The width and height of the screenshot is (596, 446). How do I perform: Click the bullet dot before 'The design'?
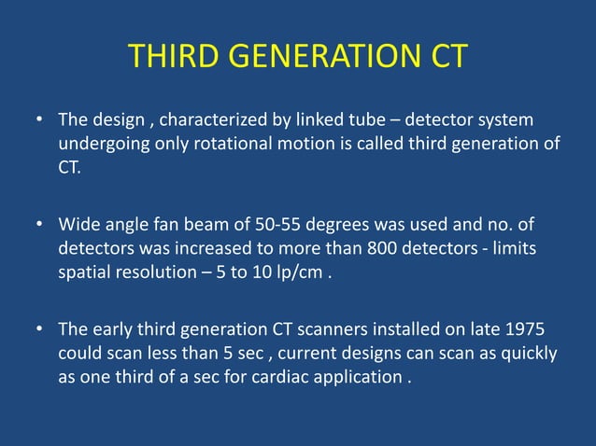tap(40, 121)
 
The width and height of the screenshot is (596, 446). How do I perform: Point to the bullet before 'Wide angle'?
tap(40, 226)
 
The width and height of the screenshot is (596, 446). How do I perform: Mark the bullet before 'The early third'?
tap(40, 330)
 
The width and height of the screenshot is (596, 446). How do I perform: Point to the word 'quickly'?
tap(529, 354)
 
